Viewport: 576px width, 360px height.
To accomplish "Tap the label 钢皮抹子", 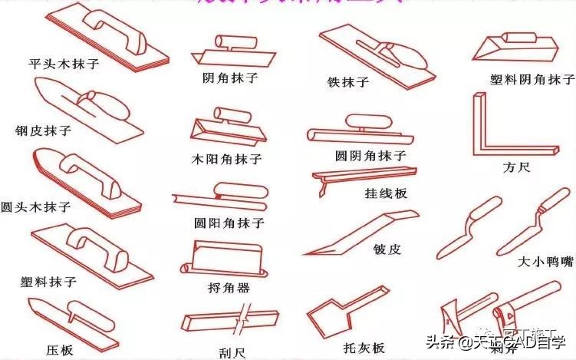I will tap(43, 130).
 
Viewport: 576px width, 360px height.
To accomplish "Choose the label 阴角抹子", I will tap(229, 78).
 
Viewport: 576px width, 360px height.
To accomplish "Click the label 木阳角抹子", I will tap(227, 160).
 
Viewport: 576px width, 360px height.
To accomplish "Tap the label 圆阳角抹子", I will tap(229, 223).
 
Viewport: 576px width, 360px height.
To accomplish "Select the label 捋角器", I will tap(229, 288).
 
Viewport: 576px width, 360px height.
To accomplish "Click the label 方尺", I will tap(516, 167).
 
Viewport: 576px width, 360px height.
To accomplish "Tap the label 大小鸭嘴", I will tap(545, 262).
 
